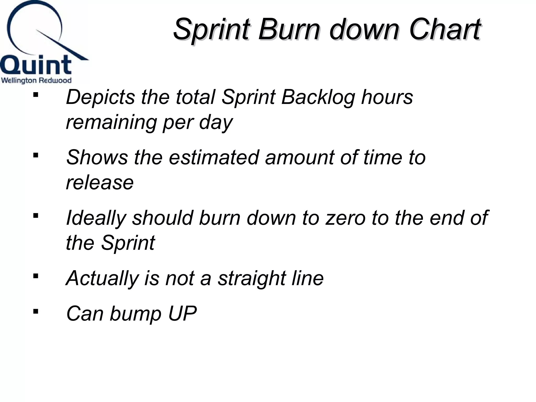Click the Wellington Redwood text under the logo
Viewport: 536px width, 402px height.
point(36,80)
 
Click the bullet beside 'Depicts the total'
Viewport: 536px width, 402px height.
point(36,95)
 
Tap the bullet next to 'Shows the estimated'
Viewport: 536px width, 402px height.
point(36,155)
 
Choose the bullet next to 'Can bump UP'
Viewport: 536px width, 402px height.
point(36,311)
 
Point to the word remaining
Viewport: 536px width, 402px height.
point(111,122)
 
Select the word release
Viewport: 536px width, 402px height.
point(100,182)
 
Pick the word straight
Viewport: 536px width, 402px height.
point(252,278)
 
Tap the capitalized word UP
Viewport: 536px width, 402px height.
point(182,314)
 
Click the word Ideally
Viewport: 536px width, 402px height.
point(96,218)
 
